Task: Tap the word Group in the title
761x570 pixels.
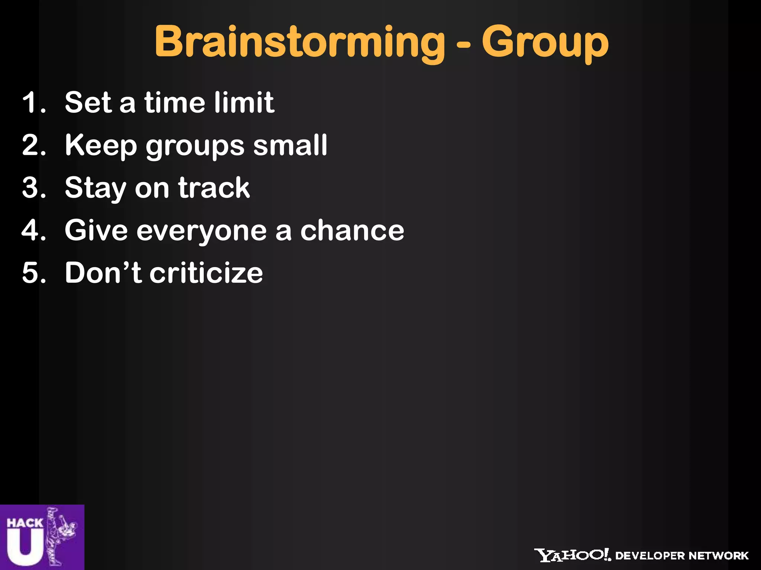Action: tap(545, 43)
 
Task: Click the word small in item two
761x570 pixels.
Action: tap(290, 145)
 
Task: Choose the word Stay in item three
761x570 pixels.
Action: tap(95, 188)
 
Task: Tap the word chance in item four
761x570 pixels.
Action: tap(352, 230)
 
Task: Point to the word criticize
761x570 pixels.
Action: tap(206, 273)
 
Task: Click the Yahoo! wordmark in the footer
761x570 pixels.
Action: tap(573, 555)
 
